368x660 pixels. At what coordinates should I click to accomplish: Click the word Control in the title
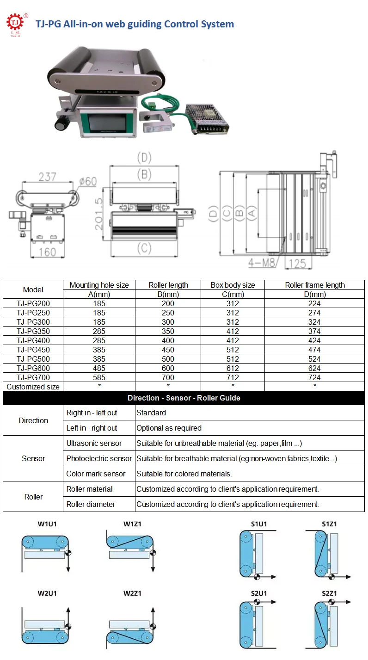[x=180, y=24]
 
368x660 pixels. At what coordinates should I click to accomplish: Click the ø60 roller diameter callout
[x=87, y=181]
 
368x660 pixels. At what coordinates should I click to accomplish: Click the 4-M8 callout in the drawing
[x=262, y=263]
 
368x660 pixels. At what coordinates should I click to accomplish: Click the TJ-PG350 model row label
[x=33, y=331]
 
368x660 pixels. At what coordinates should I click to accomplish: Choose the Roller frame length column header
[x=315, y=285]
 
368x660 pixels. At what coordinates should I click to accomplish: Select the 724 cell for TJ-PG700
[x=315, y=377]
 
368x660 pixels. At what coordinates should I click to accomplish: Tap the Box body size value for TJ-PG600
[x=233, y=368]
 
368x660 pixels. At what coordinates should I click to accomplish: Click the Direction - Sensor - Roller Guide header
[x=184, y=398]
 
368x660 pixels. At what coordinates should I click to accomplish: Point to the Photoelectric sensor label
[x=99, y=458]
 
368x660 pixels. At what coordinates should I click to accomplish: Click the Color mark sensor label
[x=96, y=474]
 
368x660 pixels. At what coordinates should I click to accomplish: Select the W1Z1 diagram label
[x=132, y=524]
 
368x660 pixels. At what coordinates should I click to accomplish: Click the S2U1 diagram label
[x=259, y=593]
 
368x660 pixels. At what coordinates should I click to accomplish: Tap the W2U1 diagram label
[x=47, y=593]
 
